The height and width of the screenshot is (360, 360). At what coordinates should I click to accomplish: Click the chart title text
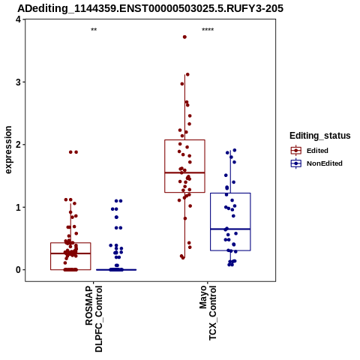[x=150, y=8]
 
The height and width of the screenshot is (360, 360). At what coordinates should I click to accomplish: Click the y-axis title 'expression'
[x=8, y=150]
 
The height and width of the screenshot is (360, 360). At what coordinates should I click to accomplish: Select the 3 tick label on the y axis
[x=18, y=82]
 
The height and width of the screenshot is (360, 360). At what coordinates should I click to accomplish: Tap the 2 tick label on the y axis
[x=18, y=145]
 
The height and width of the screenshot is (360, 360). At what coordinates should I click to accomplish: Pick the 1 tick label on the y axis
[x=18, y=207]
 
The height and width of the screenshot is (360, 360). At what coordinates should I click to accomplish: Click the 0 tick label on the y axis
[x=18, y=270]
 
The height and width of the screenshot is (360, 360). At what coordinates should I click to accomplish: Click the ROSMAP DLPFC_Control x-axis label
[x=94, y=319]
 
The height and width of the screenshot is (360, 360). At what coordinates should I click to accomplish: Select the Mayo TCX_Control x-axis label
[x=208, y=313]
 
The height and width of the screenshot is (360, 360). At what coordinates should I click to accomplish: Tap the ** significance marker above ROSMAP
[x=94, y=30]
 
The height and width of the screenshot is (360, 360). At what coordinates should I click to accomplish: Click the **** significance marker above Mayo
[x=208, y=30]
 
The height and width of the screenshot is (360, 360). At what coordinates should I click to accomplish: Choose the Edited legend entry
[x=317, y=151]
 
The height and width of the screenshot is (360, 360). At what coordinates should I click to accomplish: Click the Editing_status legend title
[x=320, y=136]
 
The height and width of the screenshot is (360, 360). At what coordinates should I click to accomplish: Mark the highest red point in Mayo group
[x=184, y=37]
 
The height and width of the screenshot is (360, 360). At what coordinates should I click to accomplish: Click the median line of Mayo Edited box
[x=184, y=172]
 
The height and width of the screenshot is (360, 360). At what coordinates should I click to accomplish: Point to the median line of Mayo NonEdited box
[x=230, y=229]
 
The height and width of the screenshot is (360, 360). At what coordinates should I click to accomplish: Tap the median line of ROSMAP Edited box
[x=70, y=253]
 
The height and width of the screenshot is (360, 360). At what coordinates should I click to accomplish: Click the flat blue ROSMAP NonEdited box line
[x=116, y=270]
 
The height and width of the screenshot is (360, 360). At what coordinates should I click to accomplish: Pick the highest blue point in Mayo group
[x=235, y=150]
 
